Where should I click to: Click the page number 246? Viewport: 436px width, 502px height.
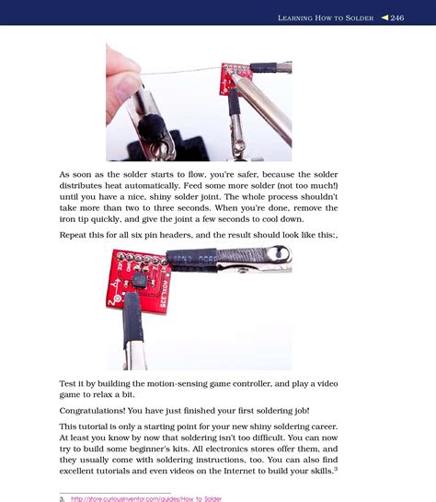pyautogui.click(x=397, y=18)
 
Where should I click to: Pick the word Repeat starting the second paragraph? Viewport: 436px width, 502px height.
pyautogui.click(x=76, y=235)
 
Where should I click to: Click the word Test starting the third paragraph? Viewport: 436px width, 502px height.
pyautogui.click(x=71, y=382)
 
